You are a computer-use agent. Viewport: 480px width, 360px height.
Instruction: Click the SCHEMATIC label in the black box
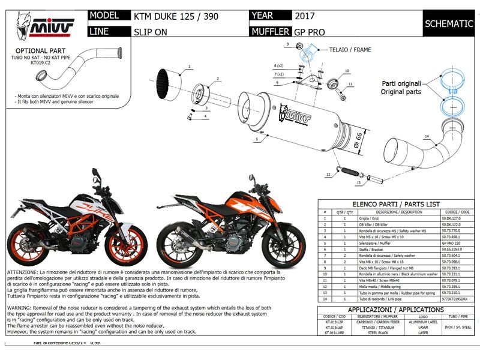click(x=449, y=24)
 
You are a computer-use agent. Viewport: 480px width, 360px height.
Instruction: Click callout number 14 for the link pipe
click(x=427, y=137)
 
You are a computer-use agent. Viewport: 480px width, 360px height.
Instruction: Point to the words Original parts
click(x=401, y=92)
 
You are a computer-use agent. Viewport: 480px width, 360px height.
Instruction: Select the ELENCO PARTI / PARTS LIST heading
click(x=395, y=204)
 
